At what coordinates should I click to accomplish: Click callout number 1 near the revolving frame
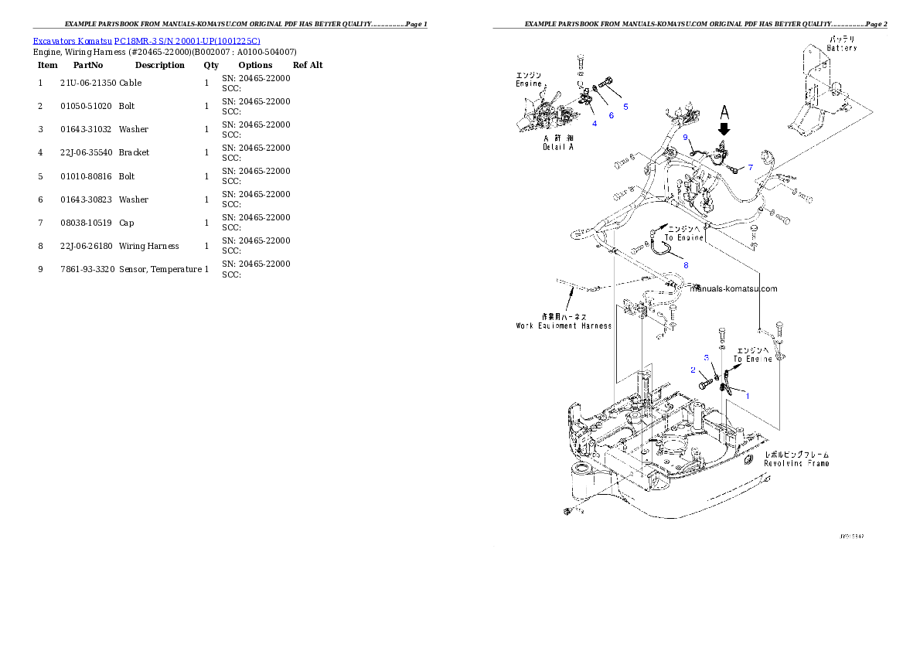click(747, 394)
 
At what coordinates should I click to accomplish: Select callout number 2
click(693, 370)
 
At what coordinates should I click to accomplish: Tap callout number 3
click(706, 358)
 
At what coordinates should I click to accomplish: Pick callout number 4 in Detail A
click(595, 124)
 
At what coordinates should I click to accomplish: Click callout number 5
click(625, 106)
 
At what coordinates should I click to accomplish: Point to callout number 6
click(611, 115)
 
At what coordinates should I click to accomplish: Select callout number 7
click(749, 167)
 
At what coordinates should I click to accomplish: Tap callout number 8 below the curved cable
click(685, 265)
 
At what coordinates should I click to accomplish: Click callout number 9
click(685, 138)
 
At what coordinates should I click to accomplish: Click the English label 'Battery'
click(841, 48)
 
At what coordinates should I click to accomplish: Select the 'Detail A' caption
click(557, 147)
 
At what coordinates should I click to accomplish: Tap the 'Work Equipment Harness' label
click(564, 326)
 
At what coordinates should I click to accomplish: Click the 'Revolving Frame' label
click(796, 463)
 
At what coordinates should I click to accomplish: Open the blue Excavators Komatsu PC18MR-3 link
click(146, 40)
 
